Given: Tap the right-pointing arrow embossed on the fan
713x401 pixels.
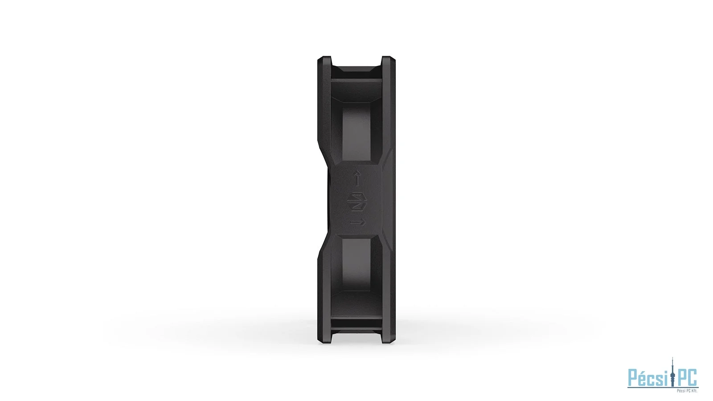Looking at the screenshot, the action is coord(358,222).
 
